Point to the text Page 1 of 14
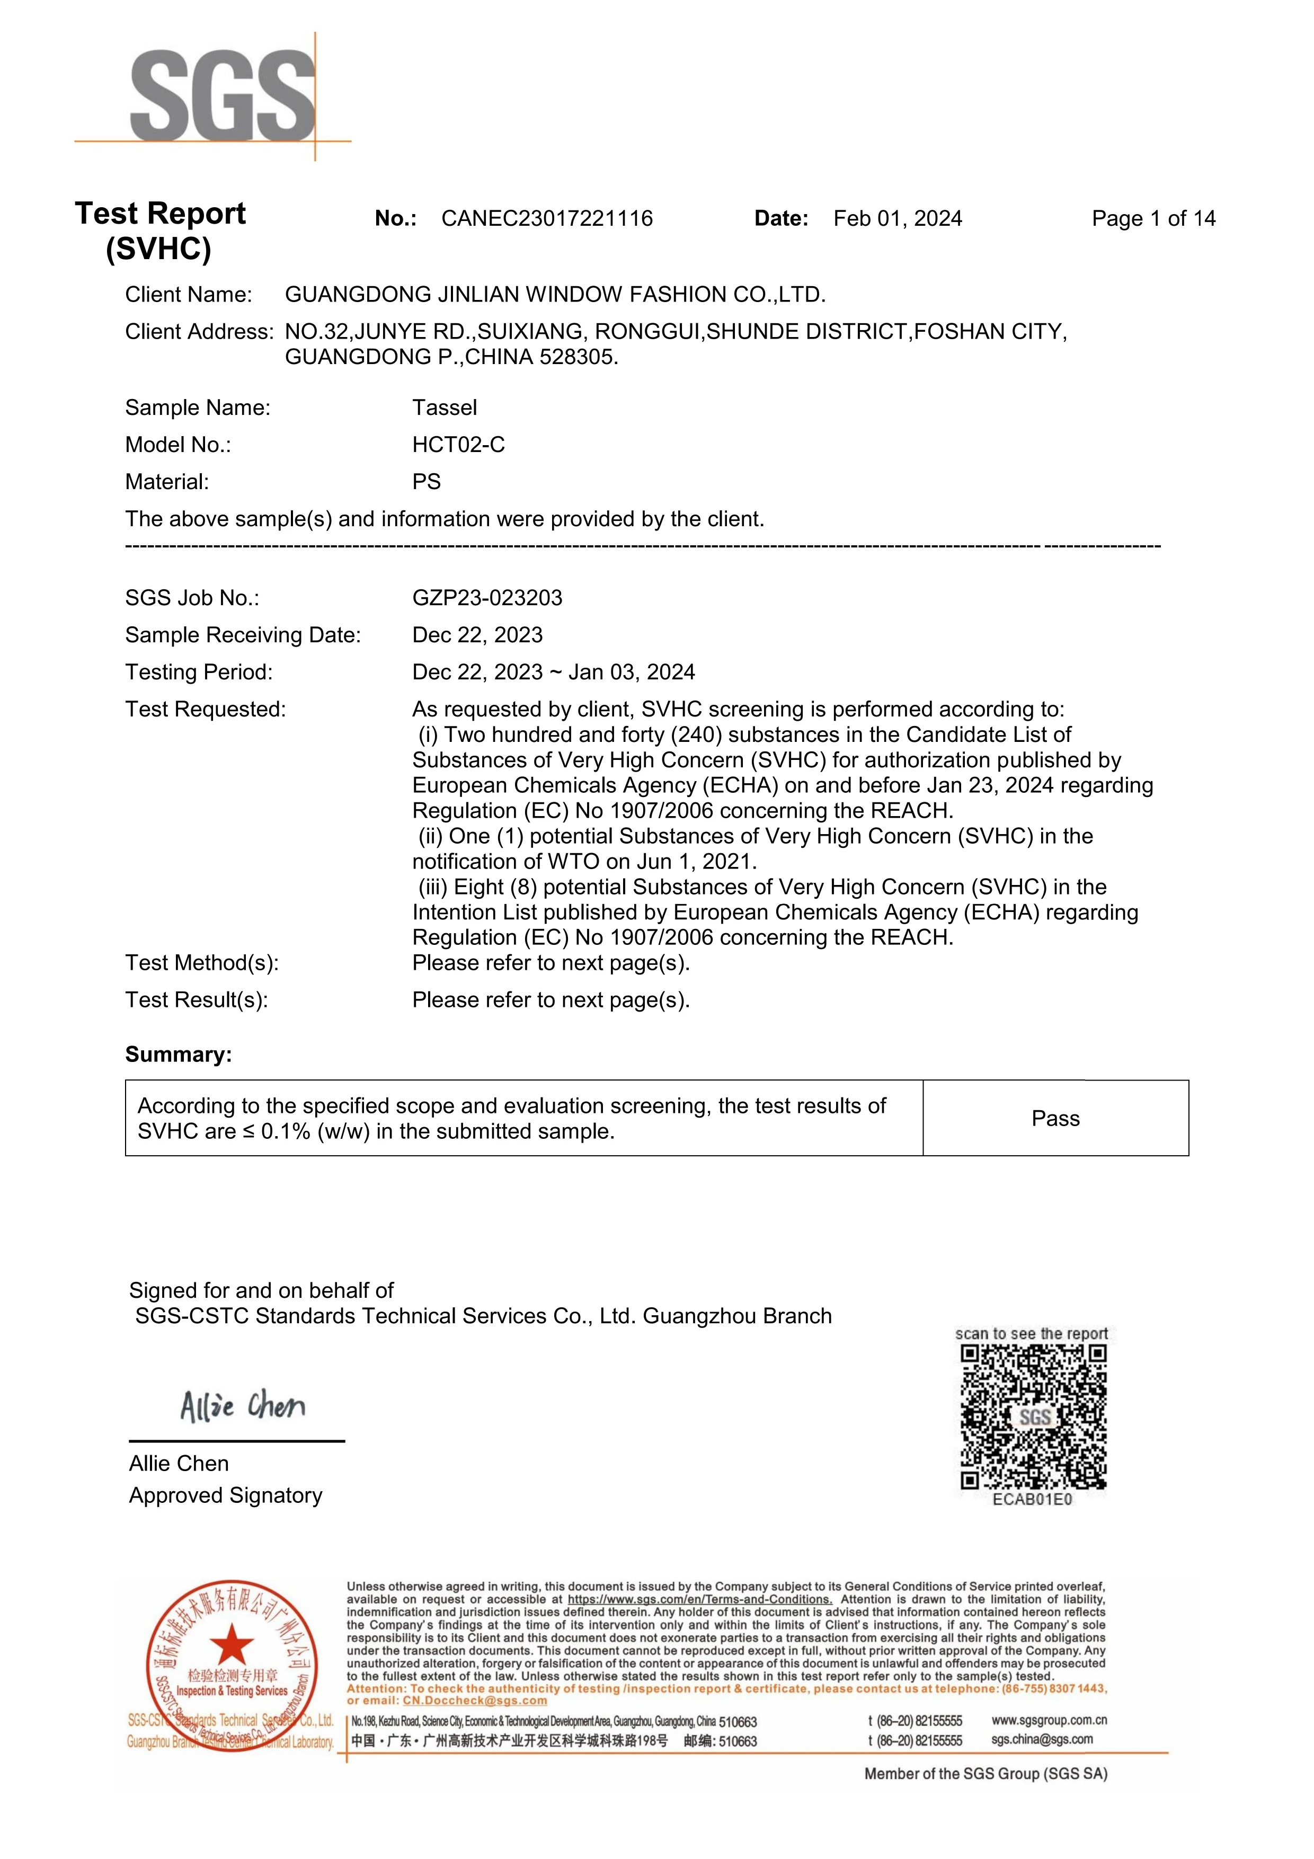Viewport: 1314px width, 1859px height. (x=1153, y=219)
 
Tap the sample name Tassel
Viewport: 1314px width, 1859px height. (x=445, y=408)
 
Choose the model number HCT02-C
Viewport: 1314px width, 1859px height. (x=458, y=445)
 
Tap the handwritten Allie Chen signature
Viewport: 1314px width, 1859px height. (x=242, y=1406)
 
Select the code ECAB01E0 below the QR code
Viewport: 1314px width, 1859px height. (x=1032, y=1500)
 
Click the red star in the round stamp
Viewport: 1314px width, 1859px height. (x=233, y=1645)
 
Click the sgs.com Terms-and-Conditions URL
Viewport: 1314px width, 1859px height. (x=699, y=1599)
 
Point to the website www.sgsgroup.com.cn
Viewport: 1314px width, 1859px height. (x=1049, y=1719)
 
